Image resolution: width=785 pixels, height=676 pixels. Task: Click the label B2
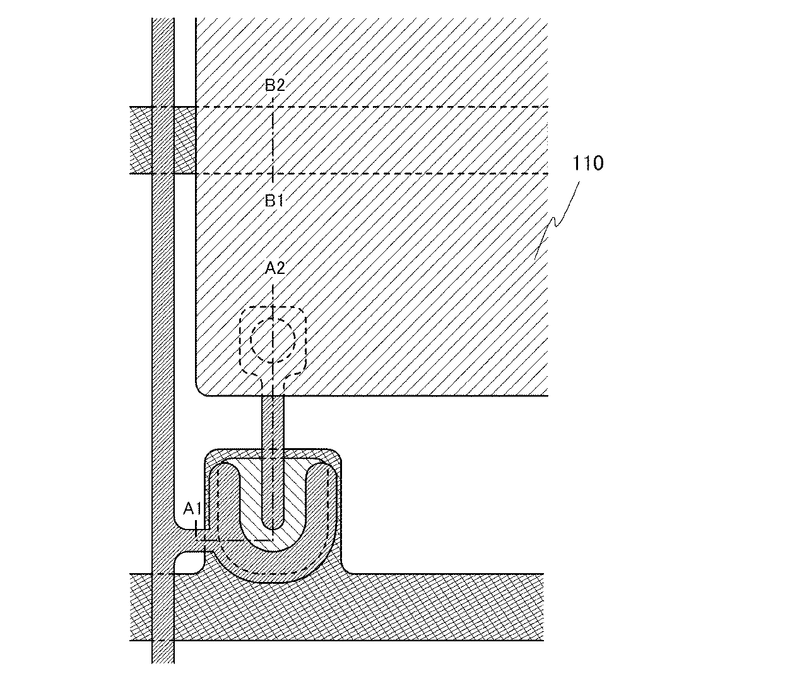[x=275, y=85]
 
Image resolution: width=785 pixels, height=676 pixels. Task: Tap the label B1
[x=274, y=201]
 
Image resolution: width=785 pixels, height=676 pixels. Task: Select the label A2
[x=275, y=268]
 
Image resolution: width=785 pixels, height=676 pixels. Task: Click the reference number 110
[x=587, y=163]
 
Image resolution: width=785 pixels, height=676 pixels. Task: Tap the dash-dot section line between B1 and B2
[x=272, y=140]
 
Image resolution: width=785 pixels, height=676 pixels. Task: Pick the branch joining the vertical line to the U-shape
[x=189, y=542]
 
